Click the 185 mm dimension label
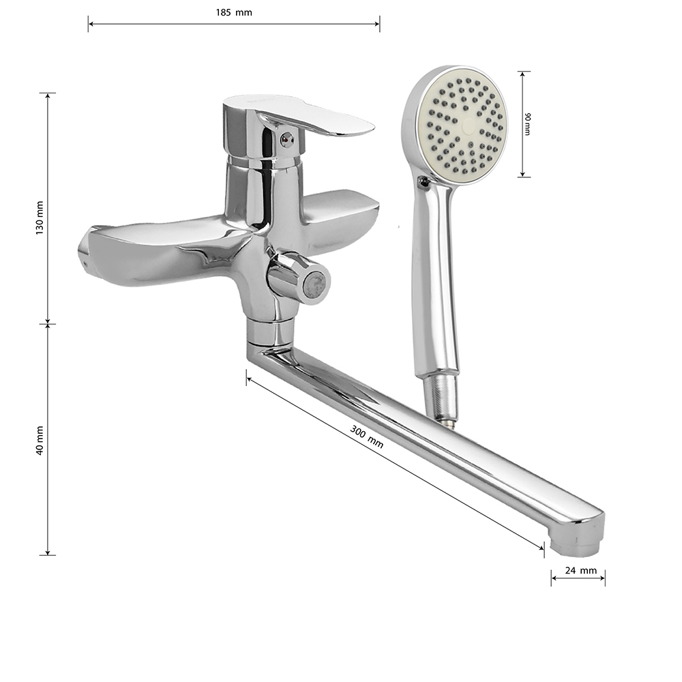tap(234, 12)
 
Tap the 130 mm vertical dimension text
tap(40, 218)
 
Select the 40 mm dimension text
tap(40, 441)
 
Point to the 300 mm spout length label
tap(367, 436)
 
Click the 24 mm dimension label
tap(580, 570)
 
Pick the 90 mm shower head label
tap(528, 124)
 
